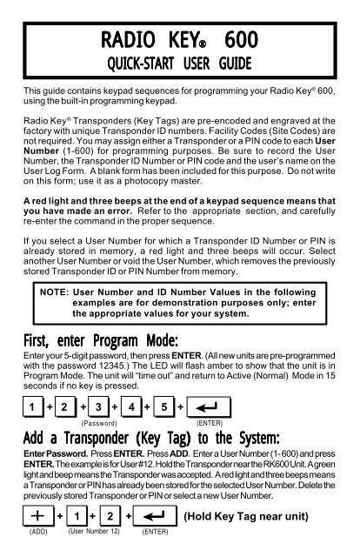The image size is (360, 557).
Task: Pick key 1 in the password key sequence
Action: click(30, 406)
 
